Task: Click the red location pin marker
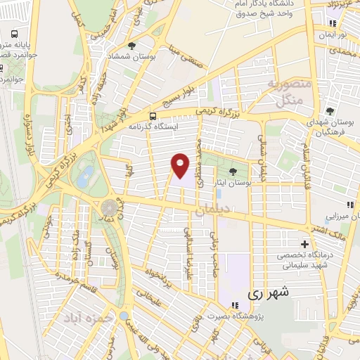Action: pyautogui.click(x=181, y=165)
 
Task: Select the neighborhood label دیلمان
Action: pyautogui.click(x=212, y=209)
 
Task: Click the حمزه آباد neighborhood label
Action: pyautogui.click(x=89, y=319)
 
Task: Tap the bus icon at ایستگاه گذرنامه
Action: pyautogui.click(x=153, y=115)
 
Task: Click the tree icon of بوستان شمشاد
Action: pyautogui.click(x=131, y=46)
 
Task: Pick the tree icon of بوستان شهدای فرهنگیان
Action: pyautogui.click(x=330, y=111)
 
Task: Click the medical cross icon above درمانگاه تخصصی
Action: pyautogui.click(x=304, y=243)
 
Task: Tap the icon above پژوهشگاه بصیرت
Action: pyautogui.click(x=236, y=306)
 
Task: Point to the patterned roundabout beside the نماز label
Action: pyautogui.click(x=109, y=208)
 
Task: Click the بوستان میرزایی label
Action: pyautogui.click(x=337, y=218)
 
